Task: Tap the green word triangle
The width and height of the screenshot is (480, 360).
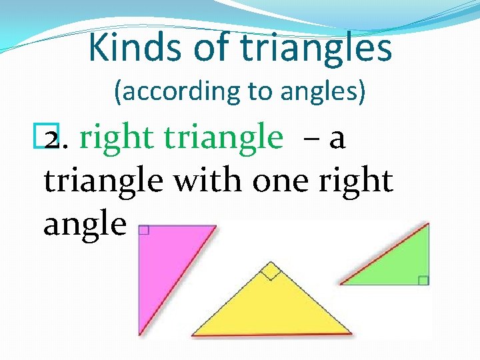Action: pos(223,138)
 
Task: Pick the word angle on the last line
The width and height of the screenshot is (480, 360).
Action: pos(85,225)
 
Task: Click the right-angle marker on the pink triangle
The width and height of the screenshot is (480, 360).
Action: pos(143,231)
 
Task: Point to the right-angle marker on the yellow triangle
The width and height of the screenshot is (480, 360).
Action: pos(270,271)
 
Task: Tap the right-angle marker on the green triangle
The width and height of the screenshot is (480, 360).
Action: pos(423,280)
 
